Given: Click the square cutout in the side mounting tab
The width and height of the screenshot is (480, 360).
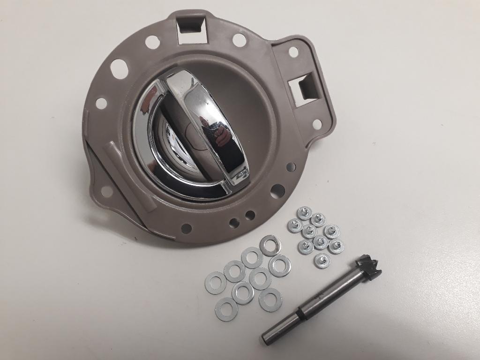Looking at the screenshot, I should click(x=303, y=88).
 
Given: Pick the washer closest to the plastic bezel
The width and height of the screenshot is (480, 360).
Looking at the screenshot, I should click(x=270, y=245).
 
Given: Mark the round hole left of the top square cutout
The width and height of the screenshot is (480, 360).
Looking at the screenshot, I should click(x=152, y=42).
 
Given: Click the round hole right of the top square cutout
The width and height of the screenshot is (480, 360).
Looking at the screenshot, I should click(x=239, y=40).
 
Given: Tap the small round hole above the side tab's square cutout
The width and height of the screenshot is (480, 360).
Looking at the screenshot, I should click(x=293, y=52).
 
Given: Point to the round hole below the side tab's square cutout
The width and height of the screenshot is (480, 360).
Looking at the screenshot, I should click(x=317, y=124).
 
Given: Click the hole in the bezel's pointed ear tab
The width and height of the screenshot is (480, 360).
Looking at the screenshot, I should click(x=106, y=191).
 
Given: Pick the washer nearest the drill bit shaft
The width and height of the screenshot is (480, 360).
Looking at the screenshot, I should click(x=270, y=299).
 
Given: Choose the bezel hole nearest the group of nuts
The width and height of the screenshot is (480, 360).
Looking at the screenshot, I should click(x=277, y=190).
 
